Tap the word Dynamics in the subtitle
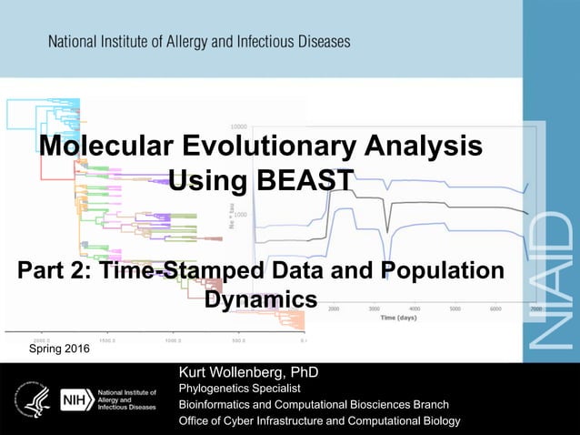[261, 298]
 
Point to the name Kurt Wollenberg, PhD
[248, 373]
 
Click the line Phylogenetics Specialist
[239, 389]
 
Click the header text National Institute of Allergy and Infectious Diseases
[199, 42]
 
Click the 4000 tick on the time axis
[414, 309]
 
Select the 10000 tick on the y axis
[239, 126]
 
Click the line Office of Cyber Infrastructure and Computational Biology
[319, 420]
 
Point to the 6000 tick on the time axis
[495, 309]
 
